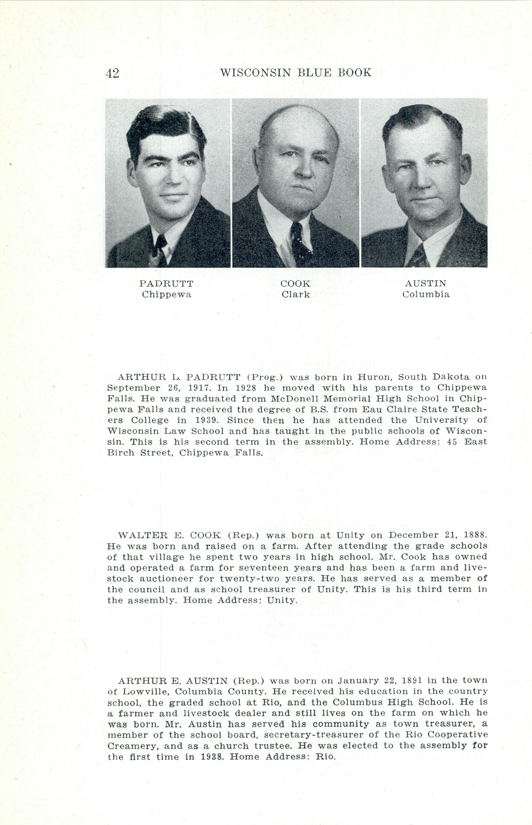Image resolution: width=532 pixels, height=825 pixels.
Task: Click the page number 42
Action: [x=112, y=73]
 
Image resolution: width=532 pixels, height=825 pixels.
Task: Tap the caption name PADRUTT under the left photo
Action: [x=166, y=284]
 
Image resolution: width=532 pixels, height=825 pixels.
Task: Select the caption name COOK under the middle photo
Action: [x=295, y=284]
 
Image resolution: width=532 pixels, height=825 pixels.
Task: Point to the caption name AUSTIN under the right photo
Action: [x=426, y=284]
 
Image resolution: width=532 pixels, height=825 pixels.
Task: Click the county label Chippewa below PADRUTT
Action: [x=166, y=295]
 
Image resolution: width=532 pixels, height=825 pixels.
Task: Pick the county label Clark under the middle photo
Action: [x=295, y=295]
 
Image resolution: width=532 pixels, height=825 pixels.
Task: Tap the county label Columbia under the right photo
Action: [x=426, y=295]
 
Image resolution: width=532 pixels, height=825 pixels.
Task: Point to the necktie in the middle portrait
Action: [x=299, y=242]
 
